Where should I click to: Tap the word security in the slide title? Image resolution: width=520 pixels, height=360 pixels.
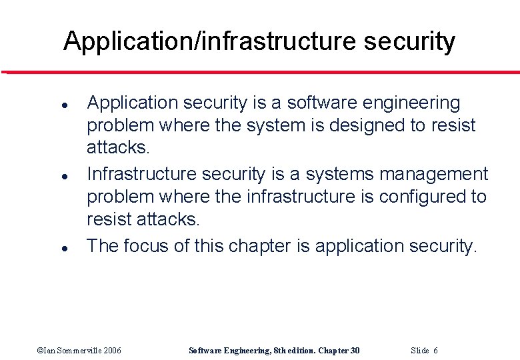tap(410, 42)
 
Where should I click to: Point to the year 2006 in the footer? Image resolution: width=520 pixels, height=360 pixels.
tap(112, 351)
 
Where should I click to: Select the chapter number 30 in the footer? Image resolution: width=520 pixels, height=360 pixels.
tap(355, 351)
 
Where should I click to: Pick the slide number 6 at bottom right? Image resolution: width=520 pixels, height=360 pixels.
tap(435, 351)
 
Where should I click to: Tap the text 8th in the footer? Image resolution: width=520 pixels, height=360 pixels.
tap(281, 351)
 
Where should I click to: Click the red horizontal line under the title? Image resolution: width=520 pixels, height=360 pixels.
tap(260, 71)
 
